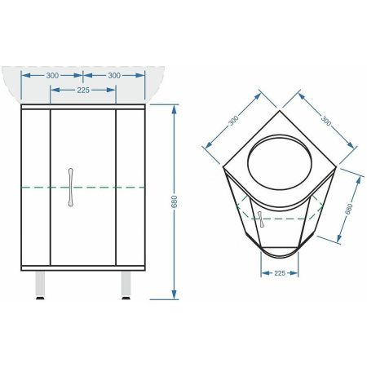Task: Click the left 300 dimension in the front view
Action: point(52,75)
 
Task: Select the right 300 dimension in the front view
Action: point(114,75)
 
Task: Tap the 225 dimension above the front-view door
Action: point(83,91)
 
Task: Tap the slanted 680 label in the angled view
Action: point(348,209)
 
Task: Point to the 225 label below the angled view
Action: point(279,273)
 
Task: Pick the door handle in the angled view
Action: point(260,219)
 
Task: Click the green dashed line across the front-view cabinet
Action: point(83,188)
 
